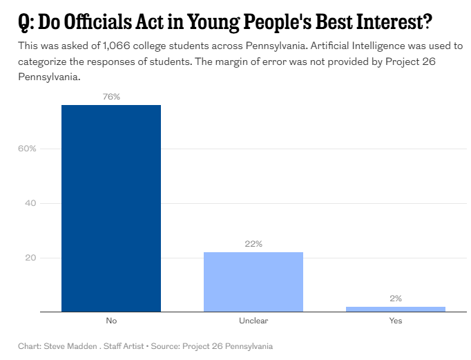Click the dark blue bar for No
point(111,208)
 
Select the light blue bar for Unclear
point(253,282)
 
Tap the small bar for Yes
point(396,309)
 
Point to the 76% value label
point(111,97)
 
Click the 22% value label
point(253,244)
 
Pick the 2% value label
point(396,299)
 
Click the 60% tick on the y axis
point(27,149)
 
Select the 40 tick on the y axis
point(31,203)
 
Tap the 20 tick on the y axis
point(31,258)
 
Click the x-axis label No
point(111,321)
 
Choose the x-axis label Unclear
point(253,321)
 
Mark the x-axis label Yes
point(396,321)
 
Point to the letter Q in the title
point(25,22)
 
